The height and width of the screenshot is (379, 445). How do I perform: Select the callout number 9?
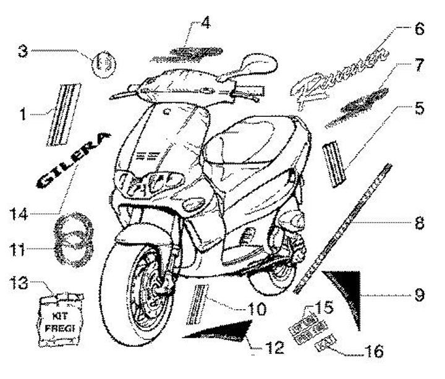[x=419, y=296]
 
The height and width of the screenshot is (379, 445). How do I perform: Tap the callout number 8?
[x=419, y=223]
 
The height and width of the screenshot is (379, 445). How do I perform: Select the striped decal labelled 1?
[x=66, y=113]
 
